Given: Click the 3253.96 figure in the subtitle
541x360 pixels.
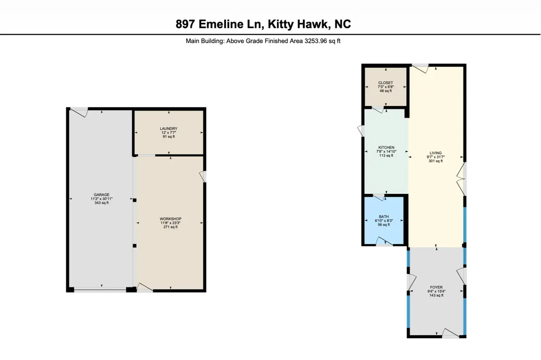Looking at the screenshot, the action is (316, 41).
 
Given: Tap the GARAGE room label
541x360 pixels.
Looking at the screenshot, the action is (101, 195).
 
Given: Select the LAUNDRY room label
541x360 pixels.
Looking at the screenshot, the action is (169, 129).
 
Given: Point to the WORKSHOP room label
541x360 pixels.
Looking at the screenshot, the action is (170, 219).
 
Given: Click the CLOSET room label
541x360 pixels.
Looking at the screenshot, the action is (386, 83).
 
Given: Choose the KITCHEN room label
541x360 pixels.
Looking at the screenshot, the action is (386, 148).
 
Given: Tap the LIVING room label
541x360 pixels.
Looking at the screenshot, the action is (436, 153).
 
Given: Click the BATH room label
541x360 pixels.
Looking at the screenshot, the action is (384, 217).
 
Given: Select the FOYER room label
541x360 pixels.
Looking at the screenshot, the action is (436, 287).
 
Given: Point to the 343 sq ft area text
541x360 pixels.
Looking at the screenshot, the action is (101, 203).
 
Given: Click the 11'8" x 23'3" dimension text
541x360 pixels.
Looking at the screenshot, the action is (170, 223).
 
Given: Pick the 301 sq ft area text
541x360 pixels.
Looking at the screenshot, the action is (436, 161).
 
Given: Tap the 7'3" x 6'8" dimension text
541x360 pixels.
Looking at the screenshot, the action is (386, 87).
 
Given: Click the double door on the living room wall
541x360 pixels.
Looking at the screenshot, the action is (461, 179).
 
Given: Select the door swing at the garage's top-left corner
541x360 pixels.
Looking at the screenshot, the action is (79, 112).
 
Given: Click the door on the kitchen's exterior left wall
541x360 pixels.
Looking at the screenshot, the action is (361, 131).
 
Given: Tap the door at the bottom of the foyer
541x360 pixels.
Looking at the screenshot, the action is (450, 333).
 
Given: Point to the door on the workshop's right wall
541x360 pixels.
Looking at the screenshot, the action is (202, 177).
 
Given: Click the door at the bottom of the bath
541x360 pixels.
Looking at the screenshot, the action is (385, 242).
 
